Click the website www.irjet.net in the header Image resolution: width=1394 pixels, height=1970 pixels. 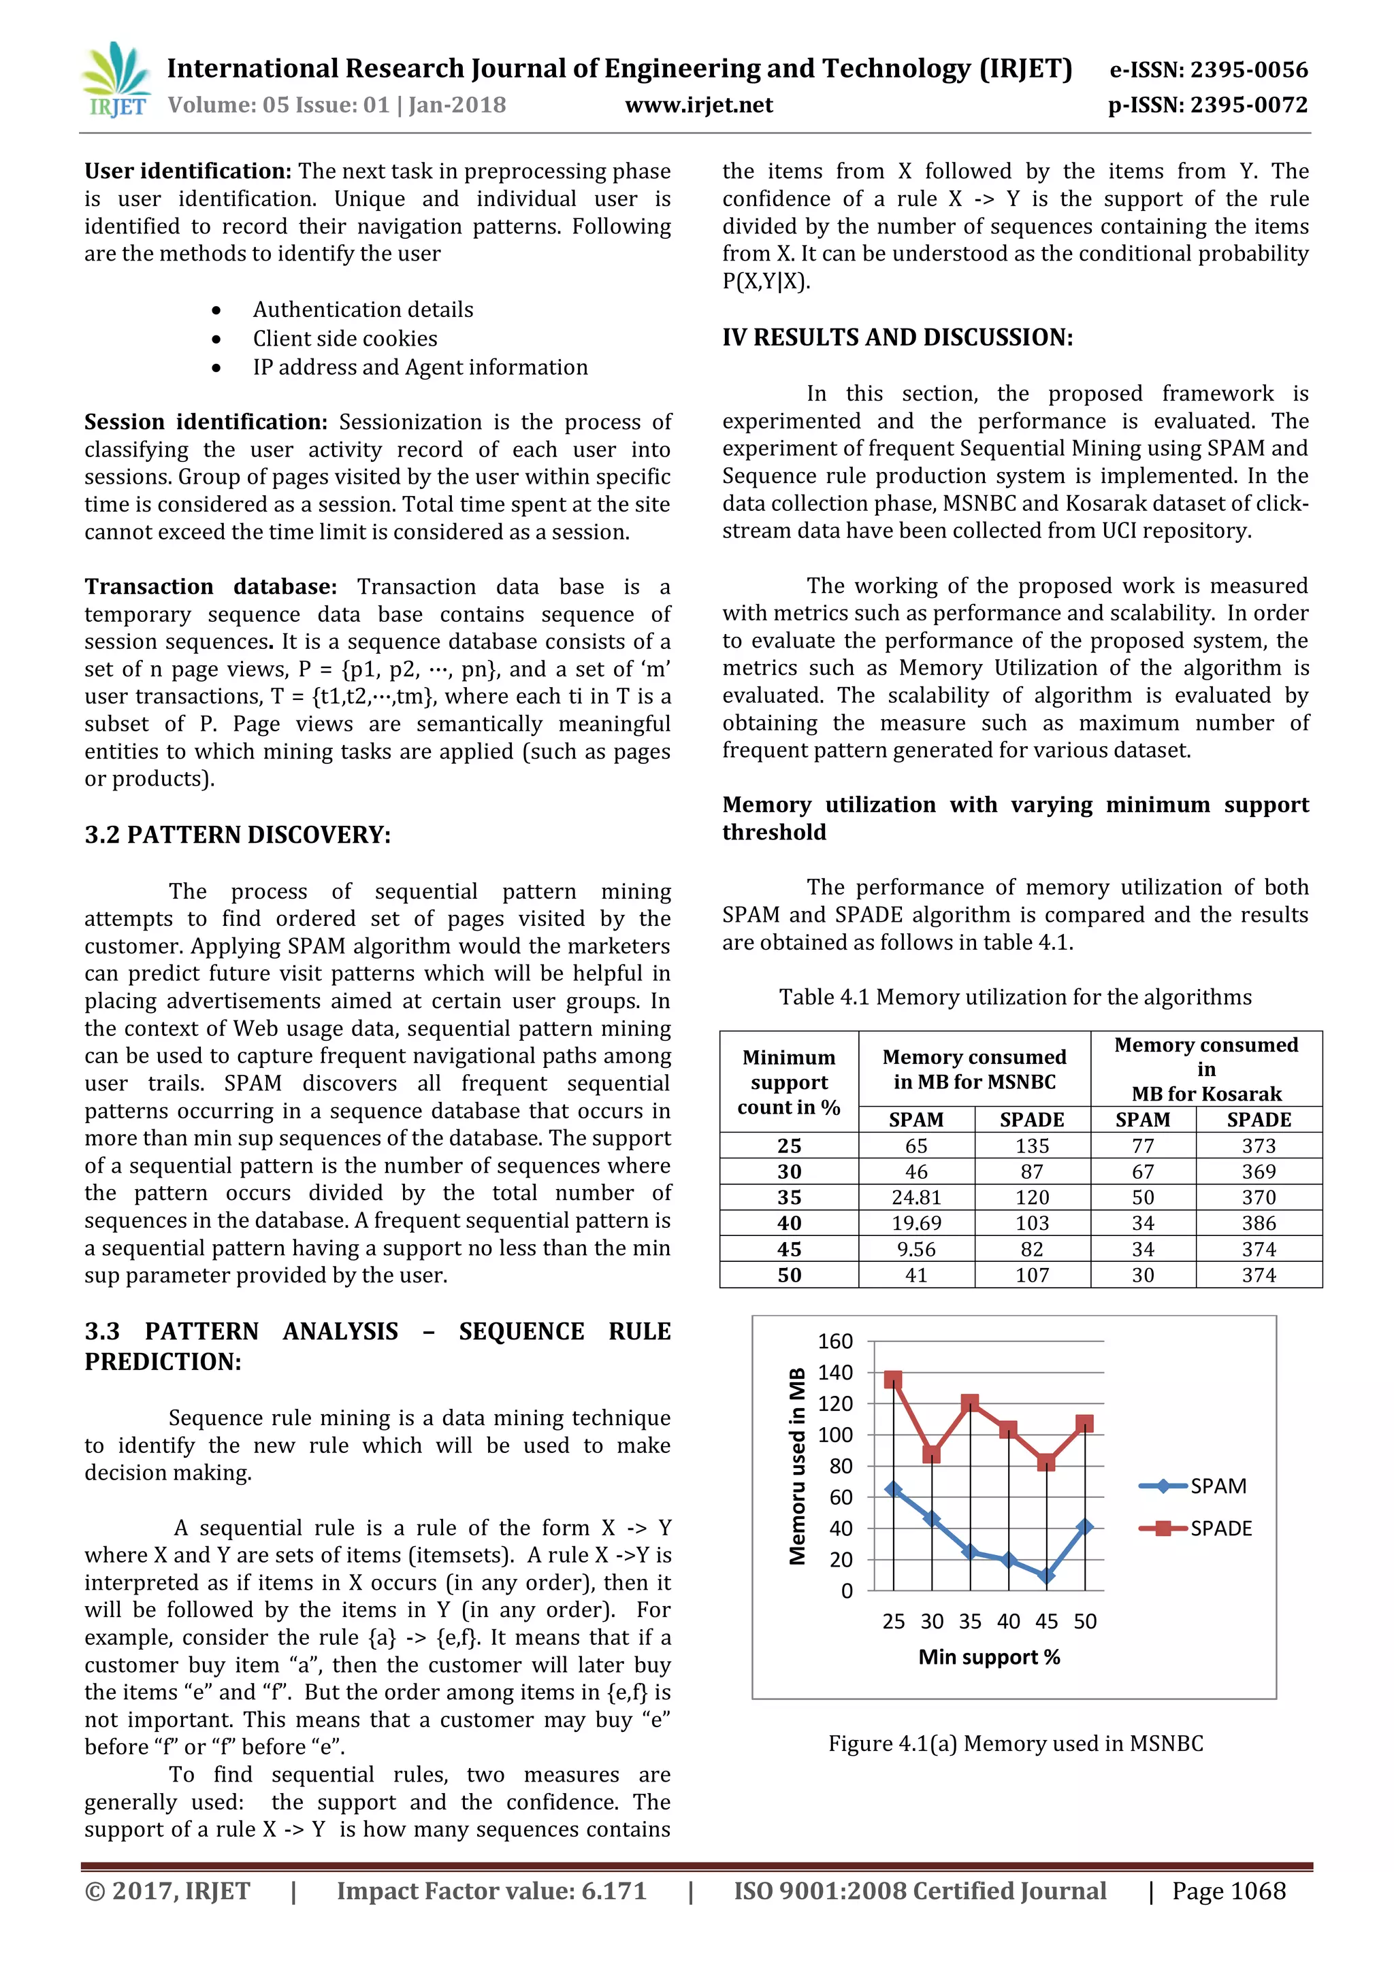coord(699,105)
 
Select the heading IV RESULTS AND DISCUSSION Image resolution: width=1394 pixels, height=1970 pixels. coord(897,337)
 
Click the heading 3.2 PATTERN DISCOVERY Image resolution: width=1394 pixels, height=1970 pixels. coord(237,835)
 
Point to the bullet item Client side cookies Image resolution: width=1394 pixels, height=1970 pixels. coord(344,338)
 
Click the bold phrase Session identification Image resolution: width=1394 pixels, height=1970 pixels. coord(205,422)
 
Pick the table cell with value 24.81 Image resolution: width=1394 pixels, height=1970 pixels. coord(916,1197)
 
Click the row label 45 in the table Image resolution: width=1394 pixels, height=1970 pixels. coord(789,1249)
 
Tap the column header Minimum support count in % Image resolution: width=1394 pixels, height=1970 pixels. coord(789,1082)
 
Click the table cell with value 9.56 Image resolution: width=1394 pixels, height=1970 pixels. coord(916,1249)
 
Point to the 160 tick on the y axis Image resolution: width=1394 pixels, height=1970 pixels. coord(835,1341)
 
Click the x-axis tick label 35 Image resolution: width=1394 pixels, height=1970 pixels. coord(970,1621)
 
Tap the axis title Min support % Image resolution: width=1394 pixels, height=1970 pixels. coord(989,1657)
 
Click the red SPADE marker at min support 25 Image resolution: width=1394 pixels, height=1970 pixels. coord(894,1380)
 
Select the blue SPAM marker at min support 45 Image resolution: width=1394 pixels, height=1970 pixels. coord(1045,1575)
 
